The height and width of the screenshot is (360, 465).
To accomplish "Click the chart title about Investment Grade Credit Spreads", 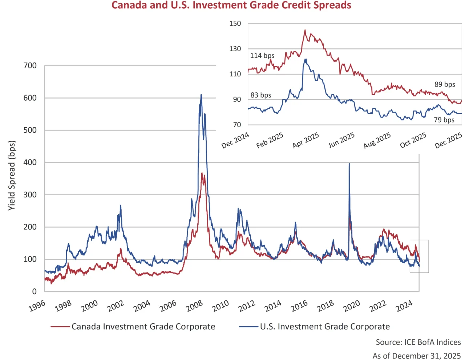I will pos(231,5).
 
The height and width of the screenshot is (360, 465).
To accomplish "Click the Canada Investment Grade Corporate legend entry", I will pos(143,327).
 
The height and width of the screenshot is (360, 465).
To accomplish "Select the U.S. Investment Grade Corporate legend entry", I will pos(324,327).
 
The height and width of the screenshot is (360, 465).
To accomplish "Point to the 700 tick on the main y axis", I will pos(30,66).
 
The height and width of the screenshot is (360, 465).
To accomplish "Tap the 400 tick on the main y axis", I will pos(30,163).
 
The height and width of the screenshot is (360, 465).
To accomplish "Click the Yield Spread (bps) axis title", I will pos(12,175).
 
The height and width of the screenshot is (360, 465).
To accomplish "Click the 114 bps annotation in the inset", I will pos(262,56).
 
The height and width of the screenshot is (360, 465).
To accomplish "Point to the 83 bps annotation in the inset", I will pos(261,95).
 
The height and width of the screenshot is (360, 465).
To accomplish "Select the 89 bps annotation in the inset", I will pos(445,84).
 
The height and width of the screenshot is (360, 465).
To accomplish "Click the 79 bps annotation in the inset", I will pos(444,120).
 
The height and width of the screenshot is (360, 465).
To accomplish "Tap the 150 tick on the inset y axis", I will pos(235,24).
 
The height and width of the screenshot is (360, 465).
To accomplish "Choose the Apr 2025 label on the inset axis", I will pos(306,140).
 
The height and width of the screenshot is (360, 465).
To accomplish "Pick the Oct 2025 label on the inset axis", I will pos(413,140).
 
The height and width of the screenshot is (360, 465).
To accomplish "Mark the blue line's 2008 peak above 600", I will pos(201,95).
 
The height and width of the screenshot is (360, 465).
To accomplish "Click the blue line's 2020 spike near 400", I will pos(349,164).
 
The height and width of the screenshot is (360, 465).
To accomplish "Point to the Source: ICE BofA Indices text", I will pos(418,342).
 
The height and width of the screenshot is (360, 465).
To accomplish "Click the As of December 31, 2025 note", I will pos(416,356).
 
